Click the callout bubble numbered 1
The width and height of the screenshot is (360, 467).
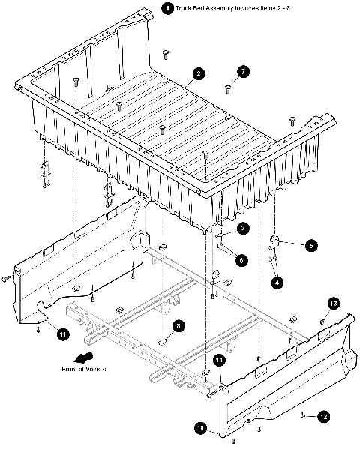(x=166, y=8)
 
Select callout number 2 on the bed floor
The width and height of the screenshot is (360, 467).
(x=198, y=73)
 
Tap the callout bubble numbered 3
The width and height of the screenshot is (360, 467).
(x=243, y=228)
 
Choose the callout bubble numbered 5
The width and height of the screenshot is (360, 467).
(x=310, y=245)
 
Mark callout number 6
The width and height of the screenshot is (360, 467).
(x=241, y=260)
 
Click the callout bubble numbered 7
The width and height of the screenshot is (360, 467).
(x=243, y=72)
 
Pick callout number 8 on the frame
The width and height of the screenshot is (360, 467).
(x=178, y=326)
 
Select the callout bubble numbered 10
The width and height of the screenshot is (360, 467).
(x=201, y=428)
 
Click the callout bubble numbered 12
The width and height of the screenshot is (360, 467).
(x=323, y=415)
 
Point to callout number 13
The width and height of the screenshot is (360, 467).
(x=334, y=303)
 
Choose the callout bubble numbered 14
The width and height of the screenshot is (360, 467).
(x=220, y=361)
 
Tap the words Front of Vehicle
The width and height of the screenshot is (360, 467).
(x=84, y=370)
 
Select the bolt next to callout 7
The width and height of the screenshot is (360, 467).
(x=228, y=89)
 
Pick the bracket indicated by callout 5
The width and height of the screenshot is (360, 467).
(x=275, y=242)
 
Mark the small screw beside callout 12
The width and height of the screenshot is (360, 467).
(x=301, y=414)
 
